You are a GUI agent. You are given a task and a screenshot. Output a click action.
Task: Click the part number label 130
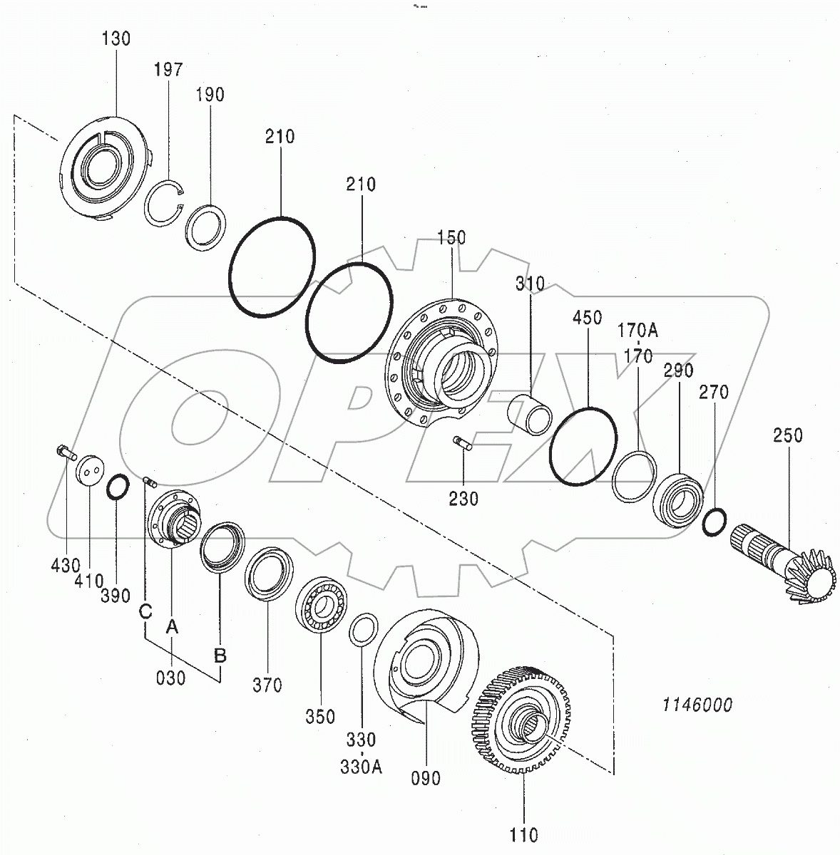(x=116, y=38)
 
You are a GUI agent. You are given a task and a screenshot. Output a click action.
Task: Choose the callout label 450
(x=587, y=318)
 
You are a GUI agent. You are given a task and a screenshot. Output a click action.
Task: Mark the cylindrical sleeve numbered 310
(x=529, y=414)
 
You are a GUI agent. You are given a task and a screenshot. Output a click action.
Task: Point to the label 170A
(x=637, y=331)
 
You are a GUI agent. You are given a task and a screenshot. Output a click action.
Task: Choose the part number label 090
(x=426, y=778)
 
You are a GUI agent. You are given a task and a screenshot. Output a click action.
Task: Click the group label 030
(x=170, y=678)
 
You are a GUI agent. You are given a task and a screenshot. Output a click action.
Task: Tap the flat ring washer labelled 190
(x=206, y=227)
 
